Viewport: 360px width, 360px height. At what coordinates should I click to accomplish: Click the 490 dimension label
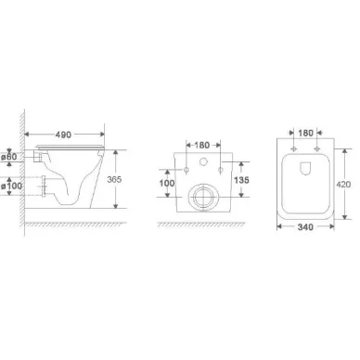point(63,135)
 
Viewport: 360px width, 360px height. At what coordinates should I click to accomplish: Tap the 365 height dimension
point(114,179)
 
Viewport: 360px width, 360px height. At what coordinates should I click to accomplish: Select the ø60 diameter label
point(8,157)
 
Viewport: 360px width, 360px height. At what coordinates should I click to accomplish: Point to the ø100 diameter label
point(11,186)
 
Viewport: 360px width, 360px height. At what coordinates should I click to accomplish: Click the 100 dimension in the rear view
point(167,184)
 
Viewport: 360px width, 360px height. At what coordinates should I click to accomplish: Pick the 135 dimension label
point(241,180)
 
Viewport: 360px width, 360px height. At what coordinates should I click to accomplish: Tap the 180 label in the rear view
point(202,145)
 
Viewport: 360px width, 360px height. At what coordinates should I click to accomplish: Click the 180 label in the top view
point(305,133)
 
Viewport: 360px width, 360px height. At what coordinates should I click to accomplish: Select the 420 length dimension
point(343,185)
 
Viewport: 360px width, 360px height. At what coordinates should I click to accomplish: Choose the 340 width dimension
point(305,227)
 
